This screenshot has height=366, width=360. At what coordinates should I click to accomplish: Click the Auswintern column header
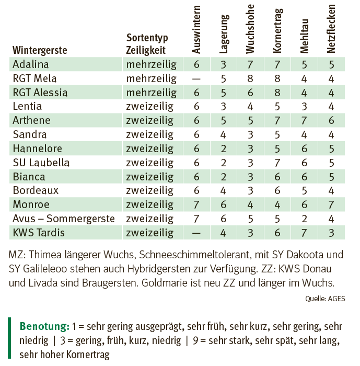click(x=196, y=30)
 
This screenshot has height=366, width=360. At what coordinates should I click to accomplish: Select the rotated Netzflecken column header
click(x=331, y=29)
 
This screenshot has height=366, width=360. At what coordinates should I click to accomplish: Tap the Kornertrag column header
click(x=277, y=31)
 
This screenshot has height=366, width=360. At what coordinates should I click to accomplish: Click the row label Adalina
click(x=30, y=64)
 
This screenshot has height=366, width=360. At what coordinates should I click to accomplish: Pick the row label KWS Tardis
click(x=39, y=233)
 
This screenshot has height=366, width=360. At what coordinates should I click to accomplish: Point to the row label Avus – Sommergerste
click(x=64, y=219)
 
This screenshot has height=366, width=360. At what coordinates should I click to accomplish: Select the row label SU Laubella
click(x=41, y=163)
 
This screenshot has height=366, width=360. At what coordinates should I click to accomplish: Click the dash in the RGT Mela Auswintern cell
click(x=196, y=79)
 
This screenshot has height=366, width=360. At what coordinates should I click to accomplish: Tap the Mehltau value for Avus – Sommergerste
click(x=304, y=219)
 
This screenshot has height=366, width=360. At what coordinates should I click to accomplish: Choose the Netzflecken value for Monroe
click(x=331, y=205)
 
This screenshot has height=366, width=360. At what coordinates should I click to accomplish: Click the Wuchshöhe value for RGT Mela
click(x=250, y=78)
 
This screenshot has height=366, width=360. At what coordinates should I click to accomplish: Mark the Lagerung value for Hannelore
click(x=223, y=148)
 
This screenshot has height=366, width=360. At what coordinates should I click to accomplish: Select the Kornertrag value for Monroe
click(x=277, y=205)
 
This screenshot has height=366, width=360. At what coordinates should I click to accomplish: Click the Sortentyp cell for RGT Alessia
click(x=152, y=93)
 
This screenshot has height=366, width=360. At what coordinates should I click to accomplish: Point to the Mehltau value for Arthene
click(x=304, y=121)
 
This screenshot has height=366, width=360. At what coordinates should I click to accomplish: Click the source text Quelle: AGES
click(x=325, y=299)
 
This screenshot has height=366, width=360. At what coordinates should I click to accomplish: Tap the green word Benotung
click(x=44, y=326)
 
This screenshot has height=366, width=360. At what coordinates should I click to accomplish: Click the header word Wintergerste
click(x=40, y=50)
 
